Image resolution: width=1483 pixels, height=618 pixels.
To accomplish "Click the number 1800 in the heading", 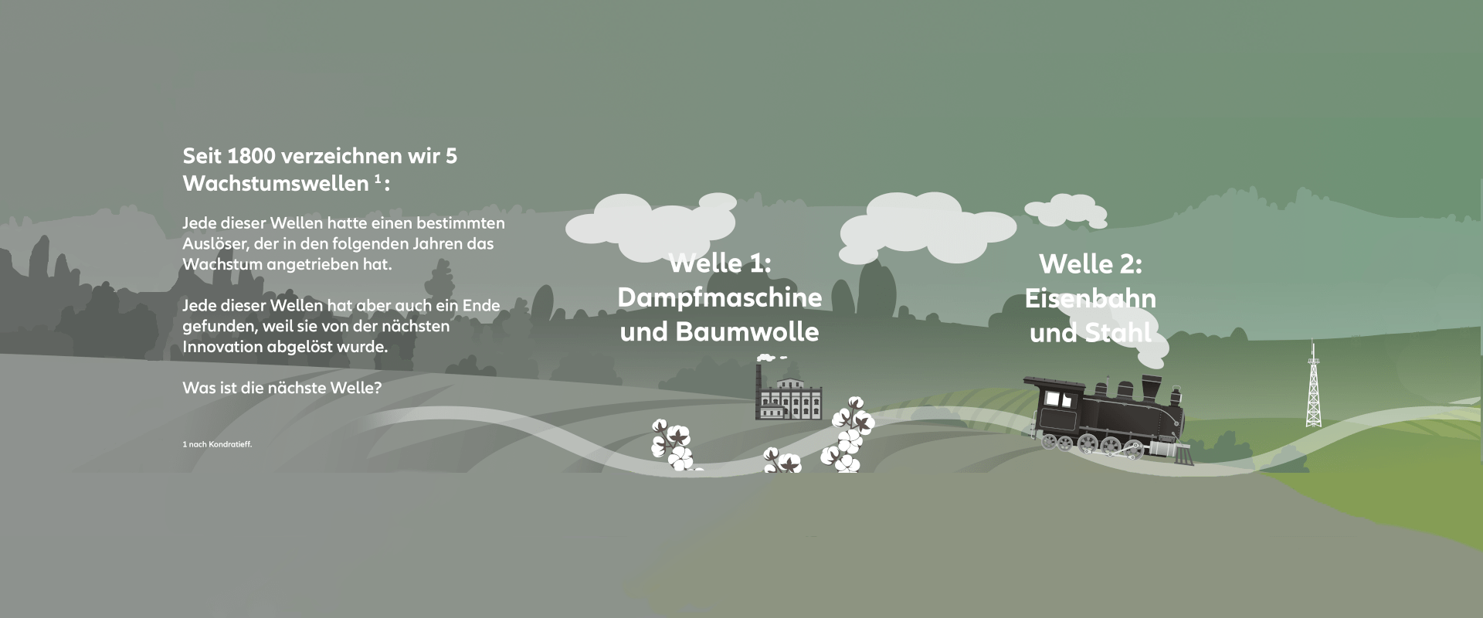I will click(x=252, y=156).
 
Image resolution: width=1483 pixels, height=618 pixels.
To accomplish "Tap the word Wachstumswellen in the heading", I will click(x=275, y=184).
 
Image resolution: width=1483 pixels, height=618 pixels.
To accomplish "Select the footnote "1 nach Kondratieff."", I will click(x=217, y=444).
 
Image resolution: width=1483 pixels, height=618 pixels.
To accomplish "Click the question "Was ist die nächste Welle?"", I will click(x=282, y=388).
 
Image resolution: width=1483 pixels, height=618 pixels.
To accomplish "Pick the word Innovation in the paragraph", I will click(x=222, y=347).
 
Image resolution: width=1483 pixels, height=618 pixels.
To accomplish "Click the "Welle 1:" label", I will click(x=719, y=263).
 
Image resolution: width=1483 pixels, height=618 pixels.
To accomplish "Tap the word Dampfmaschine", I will click(x=719, y=297).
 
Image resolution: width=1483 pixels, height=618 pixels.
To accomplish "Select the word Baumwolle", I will click(x=747, y=332).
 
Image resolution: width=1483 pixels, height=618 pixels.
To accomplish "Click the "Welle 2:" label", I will click(x=1090, y=264).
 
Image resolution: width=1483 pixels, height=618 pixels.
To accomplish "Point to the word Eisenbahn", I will click(x=1090, y=299).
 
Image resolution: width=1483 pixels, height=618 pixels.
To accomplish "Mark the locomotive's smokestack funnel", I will click(x=1152, y=386).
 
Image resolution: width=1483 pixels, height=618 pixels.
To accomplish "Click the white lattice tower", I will click(x=1312, y=390).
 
